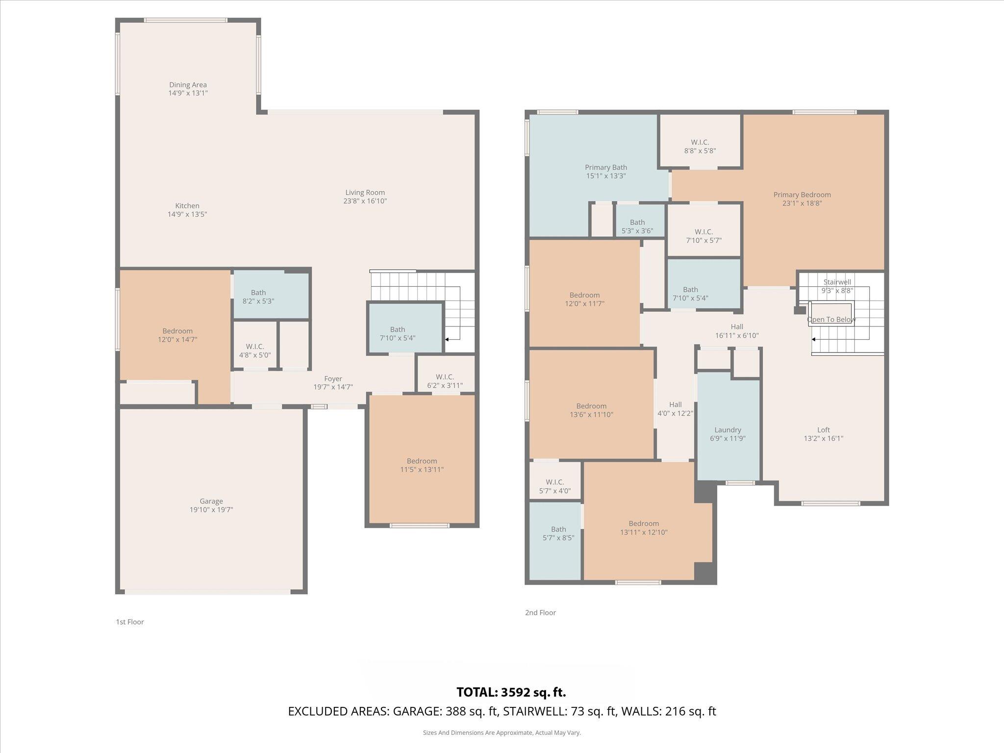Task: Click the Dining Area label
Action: pos(188,85)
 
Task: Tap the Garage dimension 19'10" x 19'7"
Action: pos(211,510)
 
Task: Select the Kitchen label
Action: pos(187,206)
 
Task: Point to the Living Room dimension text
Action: pos(365,201)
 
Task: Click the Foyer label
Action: pos(333,379)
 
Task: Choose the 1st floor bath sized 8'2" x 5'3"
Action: pos(258,297)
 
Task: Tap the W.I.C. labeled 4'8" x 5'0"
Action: pos(255,351)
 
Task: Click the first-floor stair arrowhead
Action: pos(447,339)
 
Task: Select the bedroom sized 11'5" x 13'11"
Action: pos(422,465)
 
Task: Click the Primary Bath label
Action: pos(606,168)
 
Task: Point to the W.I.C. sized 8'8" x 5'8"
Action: pos(700,147)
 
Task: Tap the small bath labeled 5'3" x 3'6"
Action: pos(637,226)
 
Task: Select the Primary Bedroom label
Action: pos(802,195)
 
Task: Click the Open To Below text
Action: pos(831,320)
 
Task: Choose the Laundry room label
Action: pos(728,430)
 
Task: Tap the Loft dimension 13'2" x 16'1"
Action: pos(824,439)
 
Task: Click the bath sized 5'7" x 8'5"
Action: pos(558,533)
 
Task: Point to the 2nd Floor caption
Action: pos(540,612)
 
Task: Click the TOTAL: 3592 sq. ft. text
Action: pos(511,692)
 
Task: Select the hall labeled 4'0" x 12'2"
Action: pos(675,409)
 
